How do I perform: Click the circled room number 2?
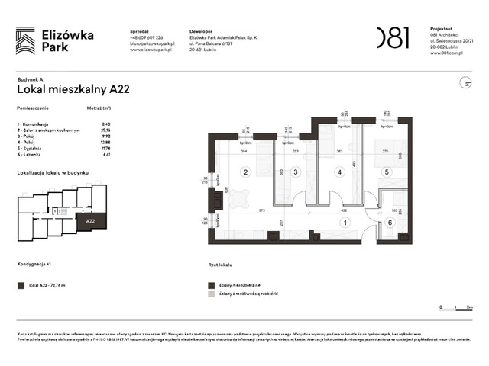[x=246, y=172]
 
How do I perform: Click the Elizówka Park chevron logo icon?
[x=25, y=38]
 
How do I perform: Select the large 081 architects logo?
[x=393, y=37]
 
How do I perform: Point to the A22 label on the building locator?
[x=90, y=221]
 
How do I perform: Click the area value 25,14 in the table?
[x=106, y=130]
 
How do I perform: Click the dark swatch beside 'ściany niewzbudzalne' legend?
[x=210, y=282]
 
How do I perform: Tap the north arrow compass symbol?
[x=462, y=82]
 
